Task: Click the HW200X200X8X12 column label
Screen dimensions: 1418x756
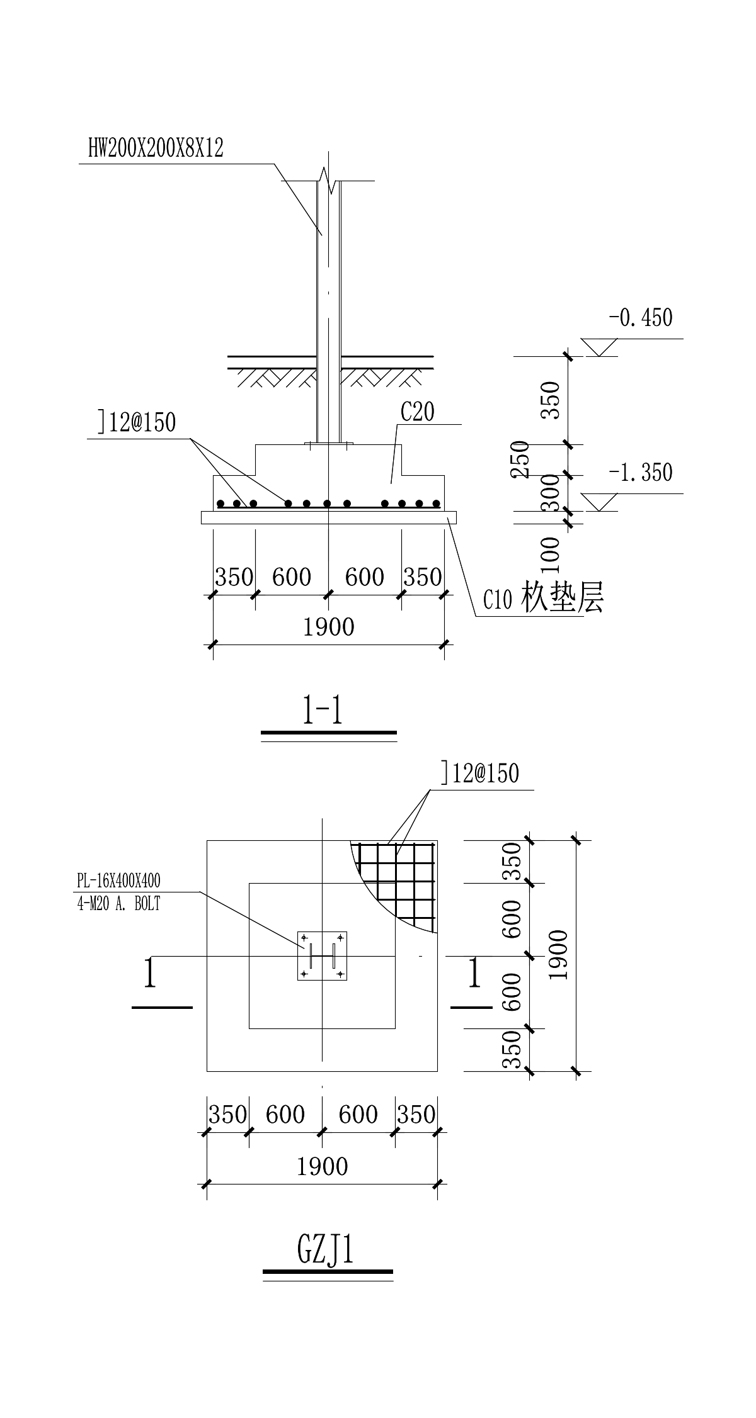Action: pyautogui.click(x=156, y=149)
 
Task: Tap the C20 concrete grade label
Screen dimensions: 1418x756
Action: pyautogui.click(x=418, y=412)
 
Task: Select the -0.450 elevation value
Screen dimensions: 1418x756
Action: pyautogui.click(x=641, y=318)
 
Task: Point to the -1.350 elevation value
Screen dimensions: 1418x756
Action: pyautogui.click(x=641, y=472)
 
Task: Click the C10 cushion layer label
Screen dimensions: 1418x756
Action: pyautogui.click(x=543, y=599)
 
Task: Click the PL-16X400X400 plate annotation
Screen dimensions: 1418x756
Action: pyautogui.click(x=118, y=880)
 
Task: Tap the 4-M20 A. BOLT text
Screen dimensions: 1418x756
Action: pyautogui.click(x=118, y=903)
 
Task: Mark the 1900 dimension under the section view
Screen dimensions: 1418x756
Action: pyautogui.click(x=329, y=627)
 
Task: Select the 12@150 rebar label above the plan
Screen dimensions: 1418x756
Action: pyautogui.click(x=480, y=774)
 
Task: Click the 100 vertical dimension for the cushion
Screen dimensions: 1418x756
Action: pyautogui.click(x=551, y=550)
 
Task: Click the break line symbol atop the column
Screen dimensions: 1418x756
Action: pyautogui.click(x=326, y=179)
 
